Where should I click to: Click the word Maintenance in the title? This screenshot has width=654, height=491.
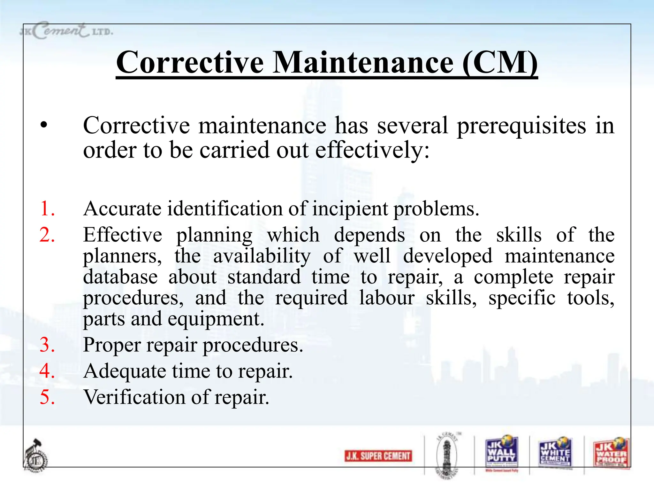coord(363,63)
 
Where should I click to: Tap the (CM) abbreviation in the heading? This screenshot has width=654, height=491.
coord(500,63)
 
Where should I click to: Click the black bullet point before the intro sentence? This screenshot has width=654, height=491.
coord(44,126)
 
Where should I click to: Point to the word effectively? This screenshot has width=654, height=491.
coord(372,151)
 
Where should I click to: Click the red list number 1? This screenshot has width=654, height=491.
coord(47,209)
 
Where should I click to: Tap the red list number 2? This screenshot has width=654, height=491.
coord(47,235)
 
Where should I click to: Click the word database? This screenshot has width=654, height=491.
coord(120,277)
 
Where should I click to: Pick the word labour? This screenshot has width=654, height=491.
coord(387,298)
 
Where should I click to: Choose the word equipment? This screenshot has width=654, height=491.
coord(216,319)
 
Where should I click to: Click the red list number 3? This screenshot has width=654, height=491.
coord(47,345)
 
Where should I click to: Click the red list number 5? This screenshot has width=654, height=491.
coord(47,397)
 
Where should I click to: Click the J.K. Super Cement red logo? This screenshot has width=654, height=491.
coord(378,456)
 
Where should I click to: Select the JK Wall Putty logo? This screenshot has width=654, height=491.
coord(501,453)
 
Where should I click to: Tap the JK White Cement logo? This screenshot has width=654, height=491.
coord(555,453)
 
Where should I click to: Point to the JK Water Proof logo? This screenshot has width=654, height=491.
coord(611,453)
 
